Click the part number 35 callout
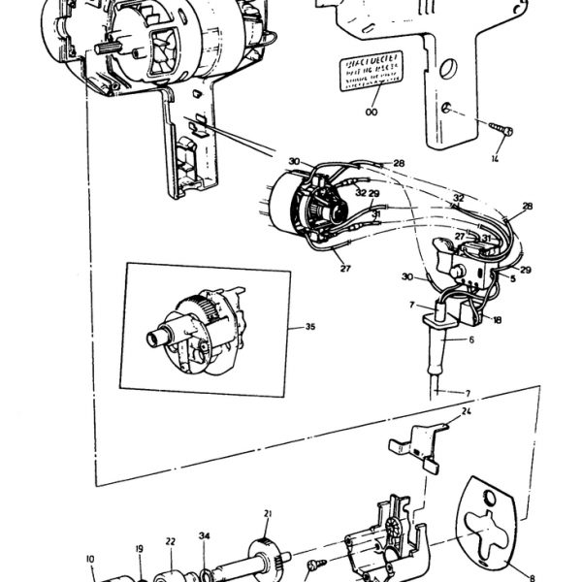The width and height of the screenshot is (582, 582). click(x=310, y=327)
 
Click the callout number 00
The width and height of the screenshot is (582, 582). click(x=371, y=113)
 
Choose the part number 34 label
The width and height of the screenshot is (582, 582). click(x=204, y=535)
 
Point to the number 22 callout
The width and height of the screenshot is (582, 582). click(x=170, y=542)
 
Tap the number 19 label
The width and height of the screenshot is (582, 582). click(x=139, y=548)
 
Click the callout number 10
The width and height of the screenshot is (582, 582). click(x=91, y=559)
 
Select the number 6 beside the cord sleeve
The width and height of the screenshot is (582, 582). click(x=471, y=340)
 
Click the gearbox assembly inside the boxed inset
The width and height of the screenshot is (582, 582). click(x=194, y=325)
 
